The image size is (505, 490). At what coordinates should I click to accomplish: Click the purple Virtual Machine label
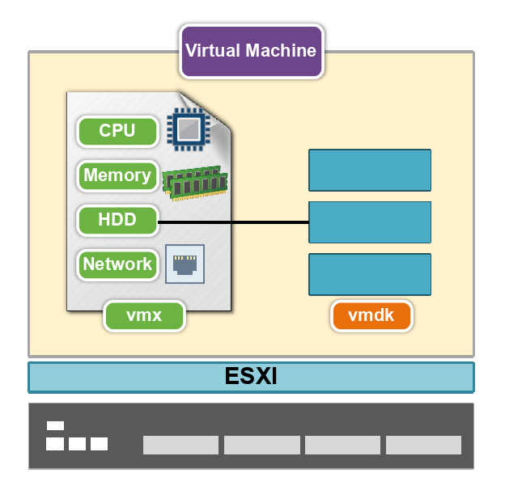click(x=252, y=51)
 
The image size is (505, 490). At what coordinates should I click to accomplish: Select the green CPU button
click(x=117, y=131)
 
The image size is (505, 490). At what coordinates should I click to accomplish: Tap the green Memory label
click(x=117, y=175)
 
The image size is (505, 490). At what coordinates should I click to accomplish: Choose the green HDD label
click(x=117, y=220)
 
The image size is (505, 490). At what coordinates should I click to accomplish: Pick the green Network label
click(x=117, y=264)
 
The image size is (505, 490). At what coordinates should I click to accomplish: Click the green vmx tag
click(x=144, y=315)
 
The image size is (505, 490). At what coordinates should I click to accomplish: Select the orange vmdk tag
click(x=371, y=315)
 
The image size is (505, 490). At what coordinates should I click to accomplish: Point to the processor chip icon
click(x=189, y=129)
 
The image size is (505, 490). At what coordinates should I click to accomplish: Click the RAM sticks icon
click(x=195, y=184)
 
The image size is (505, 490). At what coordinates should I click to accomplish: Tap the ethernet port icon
click(x=185, y=264)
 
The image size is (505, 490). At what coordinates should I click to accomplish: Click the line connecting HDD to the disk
click(x=233, y=222)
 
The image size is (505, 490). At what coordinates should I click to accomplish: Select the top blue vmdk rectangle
click(x=370, y=170)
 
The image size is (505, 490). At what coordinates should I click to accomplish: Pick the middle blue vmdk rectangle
click(x=370, y=222)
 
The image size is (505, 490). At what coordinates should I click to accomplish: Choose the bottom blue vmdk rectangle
click(x=370, y=274)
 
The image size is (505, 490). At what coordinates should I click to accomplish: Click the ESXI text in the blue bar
click(x=251, y=376)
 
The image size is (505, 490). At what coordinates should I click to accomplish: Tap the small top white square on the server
click(x=55, y=425)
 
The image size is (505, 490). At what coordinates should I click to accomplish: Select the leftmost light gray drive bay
click(x=180, y=445)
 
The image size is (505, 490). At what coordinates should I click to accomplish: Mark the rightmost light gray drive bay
click(x=423, y=445)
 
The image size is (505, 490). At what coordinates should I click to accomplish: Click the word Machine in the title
click(x=281, y=50)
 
